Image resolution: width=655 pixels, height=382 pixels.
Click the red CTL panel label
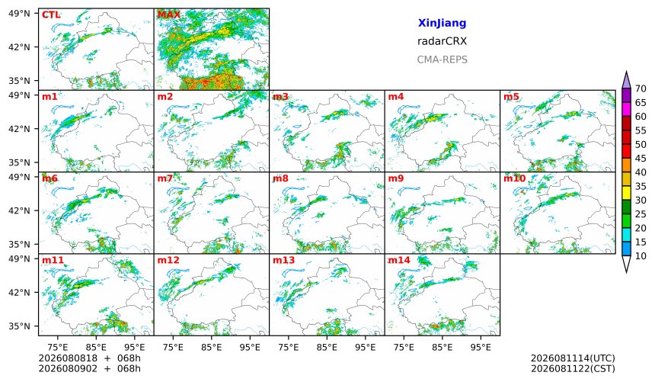[51, 15]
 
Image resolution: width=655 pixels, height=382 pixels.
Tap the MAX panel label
[169, 15]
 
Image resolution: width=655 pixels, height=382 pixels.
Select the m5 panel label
[511, 97]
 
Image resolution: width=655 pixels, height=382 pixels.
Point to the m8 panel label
[280, 178]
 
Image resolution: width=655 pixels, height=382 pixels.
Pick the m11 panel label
[53, 260]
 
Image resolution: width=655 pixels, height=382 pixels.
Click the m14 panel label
[399, 260]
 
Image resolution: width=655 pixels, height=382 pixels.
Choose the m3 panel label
[280, 97]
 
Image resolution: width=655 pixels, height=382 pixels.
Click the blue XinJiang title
[442, 23]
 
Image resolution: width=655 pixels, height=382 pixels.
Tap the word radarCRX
[442, 41]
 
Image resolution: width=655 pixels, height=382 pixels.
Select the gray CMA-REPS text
[442, 59]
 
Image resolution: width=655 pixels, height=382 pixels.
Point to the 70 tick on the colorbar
[641, 88]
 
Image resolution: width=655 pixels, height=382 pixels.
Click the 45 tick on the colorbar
[641, 159]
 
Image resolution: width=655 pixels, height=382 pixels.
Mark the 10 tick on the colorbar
[641, 256]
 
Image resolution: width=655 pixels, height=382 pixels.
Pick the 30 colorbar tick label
[641, 201]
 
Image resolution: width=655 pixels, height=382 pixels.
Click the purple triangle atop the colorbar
[626, 81]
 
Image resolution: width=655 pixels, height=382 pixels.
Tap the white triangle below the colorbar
[626, 263]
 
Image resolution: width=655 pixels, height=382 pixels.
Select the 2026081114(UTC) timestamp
[573, 358]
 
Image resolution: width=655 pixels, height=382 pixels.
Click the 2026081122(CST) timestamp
[573, 368]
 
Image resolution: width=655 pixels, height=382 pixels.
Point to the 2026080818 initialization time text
[68, 358]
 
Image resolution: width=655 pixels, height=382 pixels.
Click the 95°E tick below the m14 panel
[481, 347]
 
